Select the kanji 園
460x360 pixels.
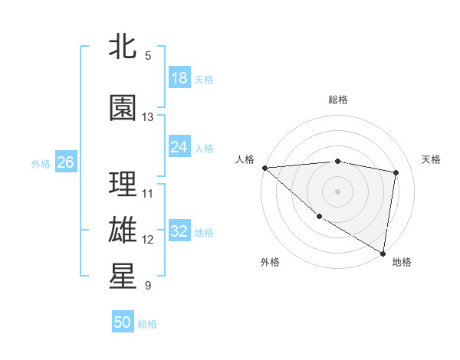click(x=123, y=108)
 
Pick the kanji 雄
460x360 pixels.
click(x=123, y=230)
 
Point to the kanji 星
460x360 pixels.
click(x=123, y=277)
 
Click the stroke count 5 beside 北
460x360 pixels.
click(x=148, y=55)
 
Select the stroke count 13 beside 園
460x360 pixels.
click(x=148, y=117)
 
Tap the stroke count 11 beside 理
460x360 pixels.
click(x=148, y=193)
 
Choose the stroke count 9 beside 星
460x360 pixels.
click(x=148, y=286)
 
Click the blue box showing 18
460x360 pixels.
click(x=179, y=78)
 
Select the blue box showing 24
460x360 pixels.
click(x=179, y=147)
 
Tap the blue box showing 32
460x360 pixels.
click(x=179, y=231)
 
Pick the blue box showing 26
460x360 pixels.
click(x=65, y=162)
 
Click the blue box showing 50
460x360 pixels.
click(x=123, y=322)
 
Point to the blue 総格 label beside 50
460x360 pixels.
click(x=148, y=324)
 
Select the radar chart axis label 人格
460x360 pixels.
click(x=245, y=159)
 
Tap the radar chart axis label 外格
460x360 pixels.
click(x=270, y=262)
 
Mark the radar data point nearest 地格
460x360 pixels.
click(x=383, y=253)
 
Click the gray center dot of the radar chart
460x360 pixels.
click(x=337, y=191)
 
